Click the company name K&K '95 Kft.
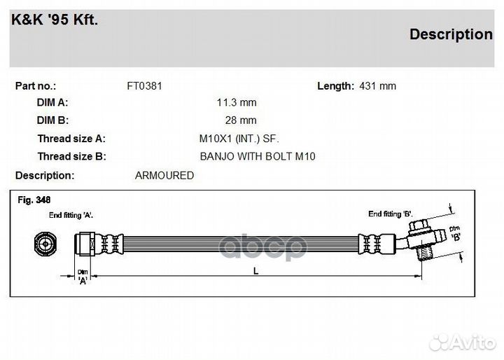[55, 20]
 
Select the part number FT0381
[145, 86]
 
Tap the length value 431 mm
[378, 86]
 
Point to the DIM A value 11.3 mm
[237, 103]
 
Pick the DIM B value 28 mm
[241, 120]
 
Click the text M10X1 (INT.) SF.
[239, 139]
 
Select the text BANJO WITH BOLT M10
[258, 156]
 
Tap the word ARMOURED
[164, 176]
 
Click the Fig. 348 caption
[34, 200]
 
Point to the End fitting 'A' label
[71, 215]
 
